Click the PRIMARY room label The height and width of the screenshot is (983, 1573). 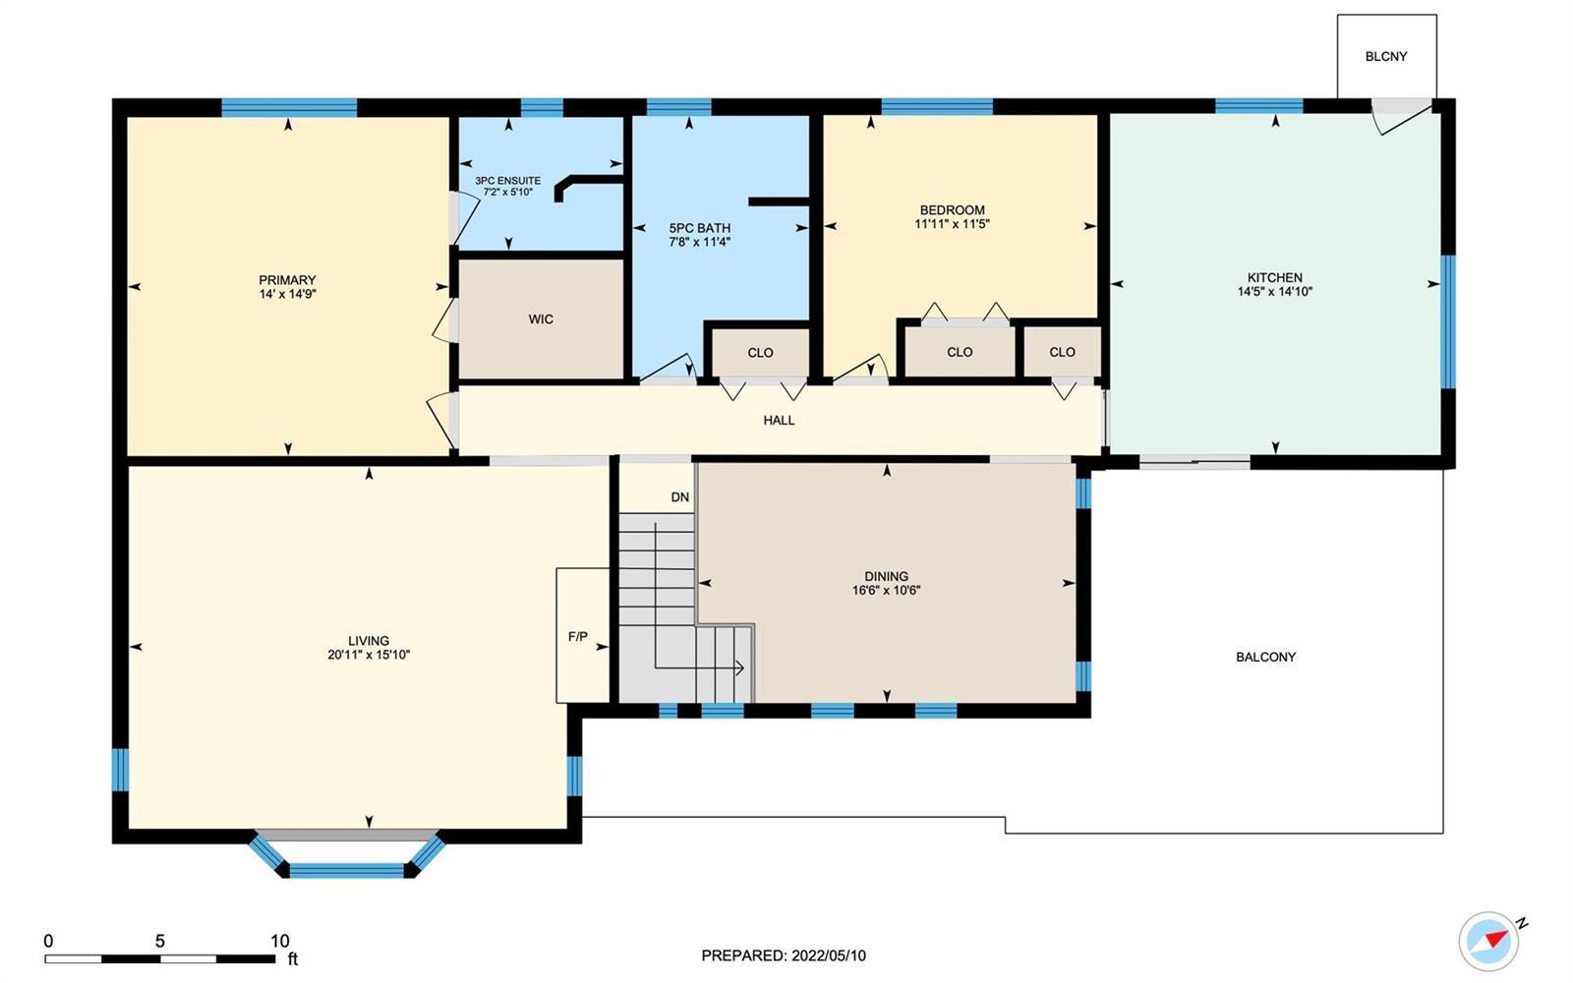[287, 279]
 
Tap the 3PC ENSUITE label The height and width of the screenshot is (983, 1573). [507, 181]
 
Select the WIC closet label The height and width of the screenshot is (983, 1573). [541, 319]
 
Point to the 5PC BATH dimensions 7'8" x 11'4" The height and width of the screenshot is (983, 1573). [699, 242]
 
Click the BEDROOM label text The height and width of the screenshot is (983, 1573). [953, 210]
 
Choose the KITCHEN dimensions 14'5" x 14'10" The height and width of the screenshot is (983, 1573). [1274, 291]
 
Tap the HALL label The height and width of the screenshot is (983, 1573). [779, 421]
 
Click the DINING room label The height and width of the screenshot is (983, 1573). [886, 576]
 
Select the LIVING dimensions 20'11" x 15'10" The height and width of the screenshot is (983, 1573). [369, 655]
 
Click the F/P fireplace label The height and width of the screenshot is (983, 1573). [578, 637]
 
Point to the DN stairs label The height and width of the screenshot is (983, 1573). [679, 497]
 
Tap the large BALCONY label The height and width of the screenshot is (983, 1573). [1265, 658]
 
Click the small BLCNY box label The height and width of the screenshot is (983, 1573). [1386, 56]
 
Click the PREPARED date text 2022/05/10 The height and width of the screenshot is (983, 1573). [829, 955]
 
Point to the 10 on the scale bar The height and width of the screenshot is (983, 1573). [279, 941]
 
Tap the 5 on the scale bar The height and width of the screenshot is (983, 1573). [160, 941]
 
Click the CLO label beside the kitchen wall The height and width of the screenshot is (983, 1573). [1062, 352]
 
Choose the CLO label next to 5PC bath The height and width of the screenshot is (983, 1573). [760, 353]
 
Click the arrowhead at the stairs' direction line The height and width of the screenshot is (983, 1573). [740, 667]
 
